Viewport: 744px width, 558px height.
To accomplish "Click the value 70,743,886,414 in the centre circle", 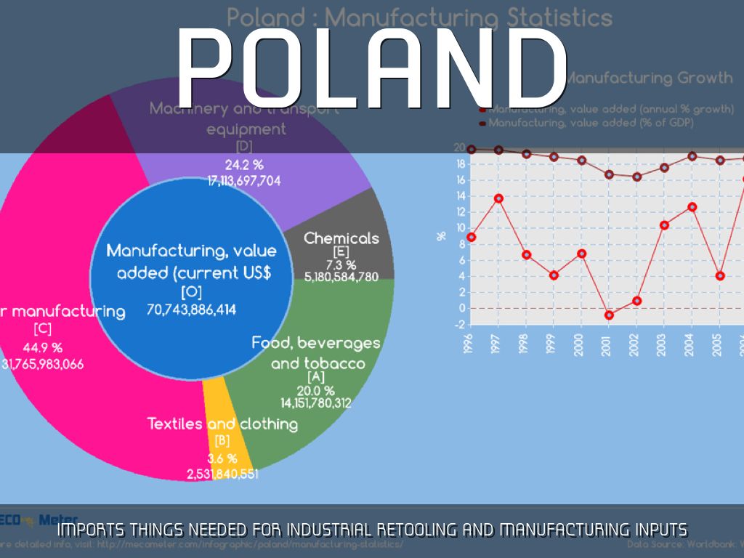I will coord(192,309).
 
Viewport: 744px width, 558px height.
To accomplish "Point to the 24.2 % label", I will coord(244,165).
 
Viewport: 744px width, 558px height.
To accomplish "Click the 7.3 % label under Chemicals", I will coord(341,264).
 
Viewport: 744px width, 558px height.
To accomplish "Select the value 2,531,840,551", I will coord(222,474).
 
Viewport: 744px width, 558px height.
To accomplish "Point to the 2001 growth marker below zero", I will coord(609,315).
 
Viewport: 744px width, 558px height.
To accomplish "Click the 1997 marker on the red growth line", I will coord(498,198).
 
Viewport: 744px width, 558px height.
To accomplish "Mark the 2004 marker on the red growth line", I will coord(692,207).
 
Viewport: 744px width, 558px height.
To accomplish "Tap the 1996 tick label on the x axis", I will coord(472,338).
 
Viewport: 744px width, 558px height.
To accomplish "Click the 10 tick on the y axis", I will coord(460,227).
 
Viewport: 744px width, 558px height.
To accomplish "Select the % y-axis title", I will coord(441,235).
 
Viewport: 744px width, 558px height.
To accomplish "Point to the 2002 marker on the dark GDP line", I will coord(636,177).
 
